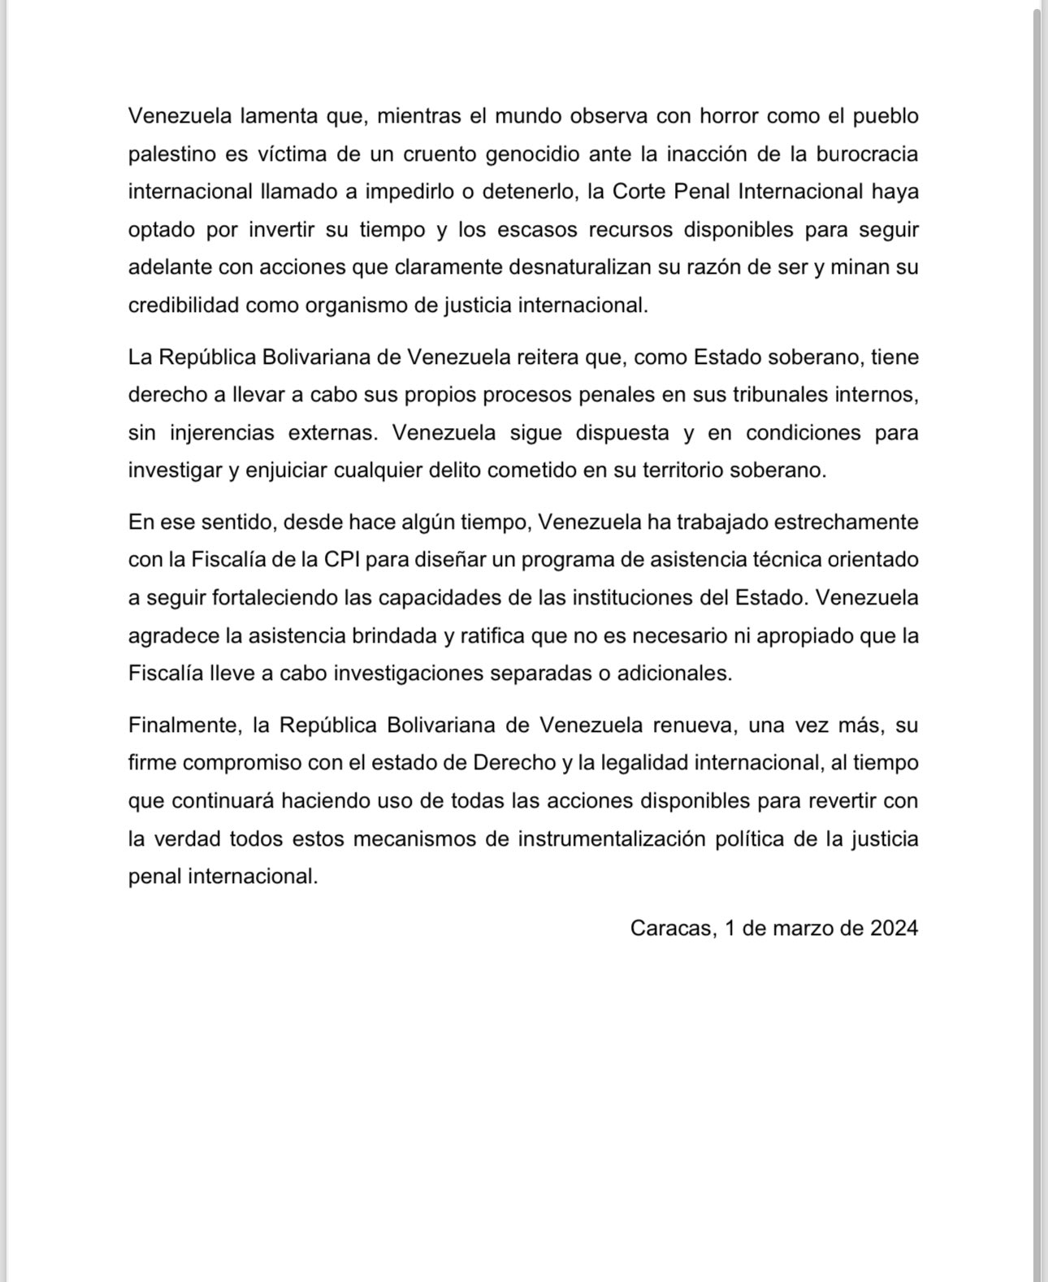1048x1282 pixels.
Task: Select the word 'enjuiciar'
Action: [x=284, y=471]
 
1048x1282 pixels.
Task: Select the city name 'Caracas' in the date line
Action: [x=671, y=929]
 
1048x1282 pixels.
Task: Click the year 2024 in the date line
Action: [x=894, y=929]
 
